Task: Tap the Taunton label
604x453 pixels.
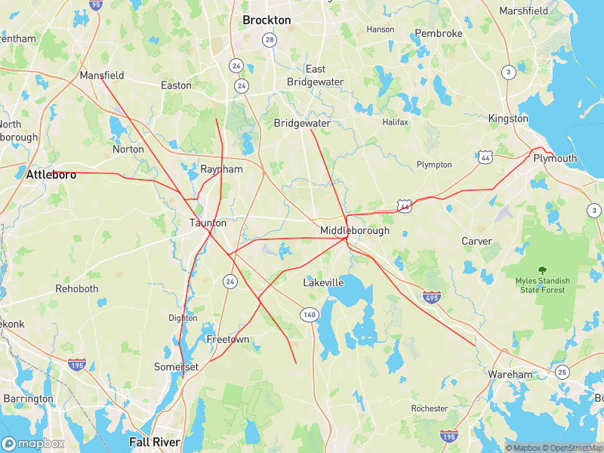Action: (208, 223)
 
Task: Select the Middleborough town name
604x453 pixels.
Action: (355, 230)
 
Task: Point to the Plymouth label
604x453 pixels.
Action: (555, 159)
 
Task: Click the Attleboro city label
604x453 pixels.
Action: (51, 174)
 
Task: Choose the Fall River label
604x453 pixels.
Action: (155, 442)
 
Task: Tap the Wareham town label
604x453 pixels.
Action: (510, 374)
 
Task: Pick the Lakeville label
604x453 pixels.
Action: (323, 282)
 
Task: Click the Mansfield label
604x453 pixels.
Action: (102, 75)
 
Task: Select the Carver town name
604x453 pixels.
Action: (476, 241)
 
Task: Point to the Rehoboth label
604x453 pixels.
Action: (77, 288)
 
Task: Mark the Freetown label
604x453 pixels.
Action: (228, 340)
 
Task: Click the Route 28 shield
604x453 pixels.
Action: (270, 40)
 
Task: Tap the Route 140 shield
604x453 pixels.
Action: (308, 314)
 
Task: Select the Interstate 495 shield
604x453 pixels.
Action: (432, 297)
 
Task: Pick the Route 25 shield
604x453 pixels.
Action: (562, 371)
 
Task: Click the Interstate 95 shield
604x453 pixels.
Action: (94, 5)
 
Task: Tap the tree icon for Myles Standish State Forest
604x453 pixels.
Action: (542, 270)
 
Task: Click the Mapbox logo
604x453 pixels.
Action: (33, 444)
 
